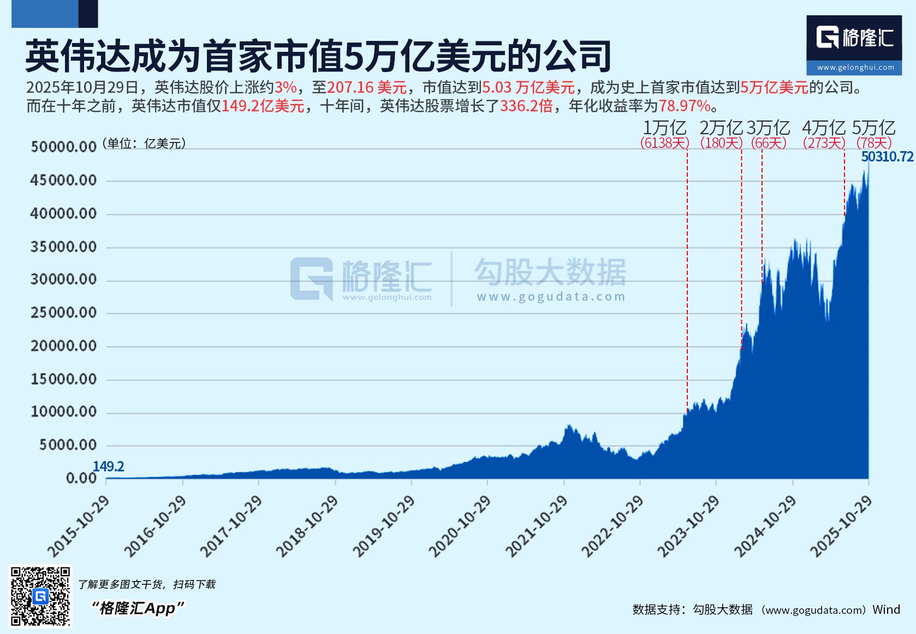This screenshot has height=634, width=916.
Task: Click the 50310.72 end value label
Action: [x=887, y=157]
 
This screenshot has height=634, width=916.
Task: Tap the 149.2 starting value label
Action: [x=108, y=466]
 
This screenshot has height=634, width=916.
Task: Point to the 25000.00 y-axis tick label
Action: [x=63, y=313]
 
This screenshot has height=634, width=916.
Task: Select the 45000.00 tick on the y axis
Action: [x=63, y=181]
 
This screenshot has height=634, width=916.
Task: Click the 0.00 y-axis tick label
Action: [x=81, y=479]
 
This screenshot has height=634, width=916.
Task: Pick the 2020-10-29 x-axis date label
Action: [x=460, y=527]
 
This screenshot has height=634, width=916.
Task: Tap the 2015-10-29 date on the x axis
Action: [x=79, y=527]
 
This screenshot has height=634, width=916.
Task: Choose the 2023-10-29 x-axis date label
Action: [x=688, y=527]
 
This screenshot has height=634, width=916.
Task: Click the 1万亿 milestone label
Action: [x=664, y=128]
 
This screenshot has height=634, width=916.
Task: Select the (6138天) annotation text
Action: [x=664, y=143]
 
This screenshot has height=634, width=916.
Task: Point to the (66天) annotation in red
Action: [x=769, y=143]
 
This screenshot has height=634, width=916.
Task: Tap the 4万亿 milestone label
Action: [x=823, y=128]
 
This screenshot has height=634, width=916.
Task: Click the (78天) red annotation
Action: [x=874, y=143]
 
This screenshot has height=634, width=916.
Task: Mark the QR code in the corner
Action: [x=41, y=596]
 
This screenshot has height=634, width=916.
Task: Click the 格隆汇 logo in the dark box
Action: [x=854, y=38]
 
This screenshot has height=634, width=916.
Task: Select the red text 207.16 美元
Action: [x=367, y=87]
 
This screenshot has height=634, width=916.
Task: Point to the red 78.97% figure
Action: [x=685, y=106]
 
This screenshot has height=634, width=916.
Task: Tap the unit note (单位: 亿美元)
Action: [x=144, y=143]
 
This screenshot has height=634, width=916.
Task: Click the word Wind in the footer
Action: [x=886, y=609]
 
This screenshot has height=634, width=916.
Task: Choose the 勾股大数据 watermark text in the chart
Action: [x=550, y=272]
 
